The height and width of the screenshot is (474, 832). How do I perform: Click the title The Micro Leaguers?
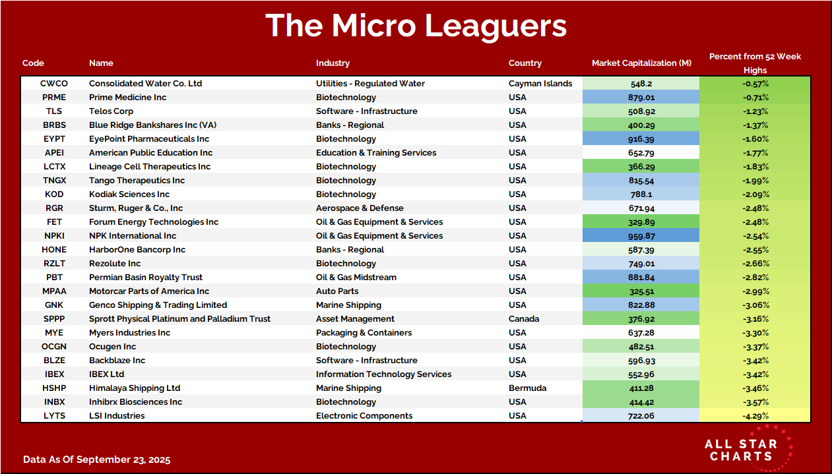pos(416,26)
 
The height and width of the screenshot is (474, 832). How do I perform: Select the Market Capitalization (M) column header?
pos(641,63)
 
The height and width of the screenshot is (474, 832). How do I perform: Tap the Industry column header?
pos(333,63)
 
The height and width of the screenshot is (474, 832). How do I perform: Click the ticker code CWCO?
pos(54,84)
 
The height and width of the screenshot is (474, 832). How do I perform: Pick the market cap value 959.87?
pos(641,236)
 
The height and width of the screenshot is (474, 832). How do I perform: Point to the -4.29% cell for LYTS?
pos(755,416)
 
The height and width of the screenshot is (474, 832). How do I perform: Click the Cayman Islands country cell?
pos(540,84)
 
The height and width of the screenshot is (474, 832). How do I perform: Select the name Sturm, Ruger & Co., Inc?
pos(136,208)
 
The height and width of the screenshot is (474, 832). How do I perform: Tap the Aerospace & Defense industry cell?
pos(359,208)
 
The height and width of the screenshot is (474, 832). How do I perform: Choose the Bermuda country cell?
pos(527,388)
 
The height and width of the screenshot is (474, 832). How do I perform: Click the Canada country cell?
pos(524,319)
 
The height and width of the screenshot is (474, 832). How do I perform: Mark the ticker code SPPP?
pos(54,319)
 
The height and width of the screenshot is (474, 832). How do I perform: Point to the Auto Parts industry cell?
pos(338,291)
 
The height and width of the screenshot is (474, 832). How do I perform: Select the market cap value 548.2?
pos(641,84)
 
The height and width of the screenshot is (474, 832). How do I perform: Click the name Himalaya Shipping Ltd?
pos(135,388)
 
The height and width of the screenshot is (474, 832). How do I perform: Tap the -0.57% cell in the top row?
pos(755,84)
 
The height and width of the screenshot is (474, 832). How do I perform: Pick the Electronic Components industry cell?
pos(364,416)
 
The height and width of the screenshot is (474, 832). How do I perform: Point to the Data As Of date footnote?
pos(96,459)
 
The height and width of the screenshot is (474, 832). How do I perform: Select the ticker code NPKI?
pos(54,236)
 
